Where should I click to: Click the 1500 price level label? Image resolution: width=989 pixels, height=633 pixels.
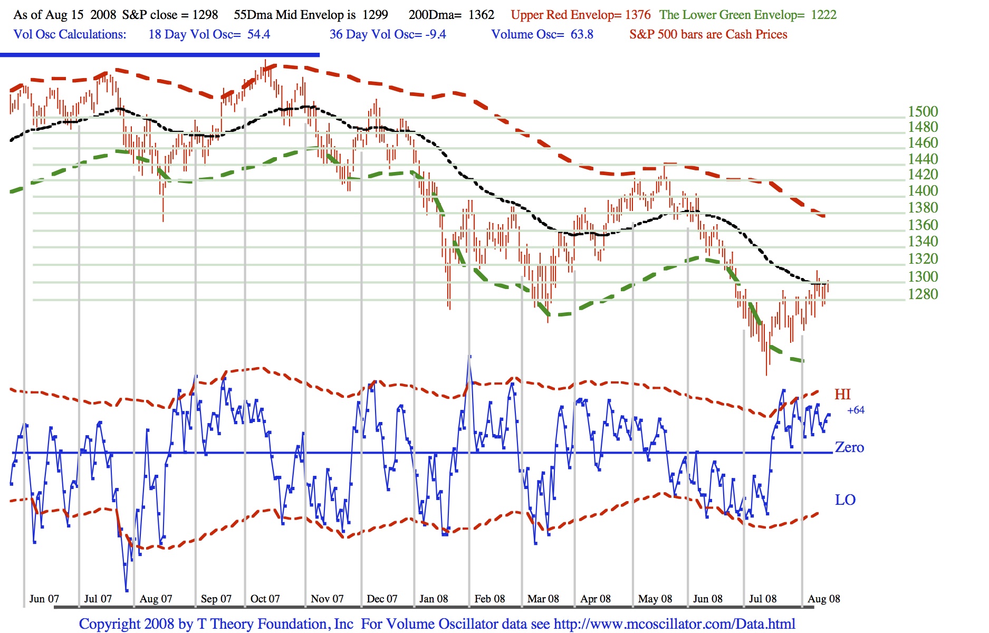click(x=923, y=112)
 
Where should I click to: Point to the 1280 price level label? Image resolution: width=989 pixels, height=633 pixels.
click(x=923, y=294)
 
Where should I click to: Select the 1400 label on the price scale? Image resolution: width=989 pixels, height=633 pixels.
click(x=923, y=191)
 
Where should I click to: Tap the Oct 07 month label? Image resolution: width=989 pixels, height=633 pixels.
click(x=265, y=599)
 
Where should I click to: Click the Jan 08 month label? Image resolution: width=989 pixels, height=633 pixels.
click(x=434, y=599)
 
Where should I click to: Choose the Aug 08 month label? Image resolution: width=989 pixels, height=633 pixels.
click(x=823, y=599)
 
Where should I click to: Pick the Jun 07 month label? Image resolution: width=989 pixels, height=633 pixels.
click(x=44, y=599)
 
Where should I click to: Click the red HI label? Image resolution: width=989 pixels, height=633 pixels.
click(x=842, y=395)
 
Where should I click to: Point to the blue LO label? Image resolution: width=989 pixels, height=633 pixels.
click(x=845, y=500)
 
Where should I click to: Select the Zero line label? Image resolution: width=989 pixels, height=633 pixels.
click(x=849, y=448)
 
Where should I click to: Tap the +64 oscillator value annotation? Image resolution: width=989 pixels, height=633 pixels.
click(x=856, y=410)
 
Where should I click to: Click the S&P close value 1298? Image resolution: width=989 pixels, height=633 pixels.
click(x=205, y=15)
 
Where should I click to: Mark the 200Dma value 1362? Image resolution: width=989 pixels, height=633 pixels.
click(x=482, y=15)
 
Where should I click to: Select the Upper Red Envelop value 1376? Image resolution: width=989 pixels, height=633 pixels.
click(x=638, y=15)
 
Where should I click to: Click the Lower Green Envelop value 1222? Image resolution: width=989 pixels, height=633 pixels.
click(x=823, y=15)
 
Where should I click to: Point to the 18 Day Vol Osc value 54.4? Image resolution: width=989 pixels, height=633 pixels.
click(x=258, y=35)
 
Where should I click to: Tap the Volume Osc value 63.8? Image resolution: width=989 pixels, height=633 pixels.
click(x=582, y=35)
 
